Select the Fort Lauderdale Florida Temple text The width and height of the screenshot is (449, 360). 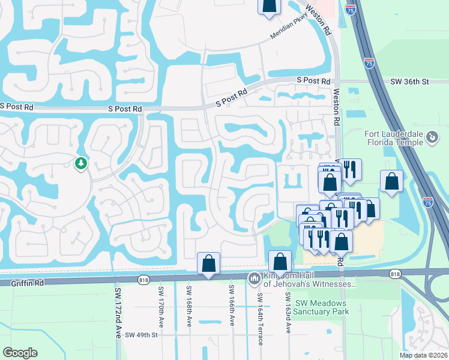(393, 138)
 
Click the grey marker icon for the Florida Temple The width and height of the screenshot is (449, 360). (432, 138)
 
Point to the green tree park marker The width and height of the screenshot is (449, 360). (80, 163)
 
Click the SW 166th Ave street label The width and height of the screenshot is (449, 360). (232, 306)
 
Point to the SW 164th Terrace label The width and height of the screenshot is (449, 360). (260, 319)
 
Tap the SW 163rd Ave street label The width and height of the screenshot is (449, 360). (288, 313)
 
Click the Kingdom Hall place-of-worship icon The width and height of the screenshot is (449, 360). (253, 277)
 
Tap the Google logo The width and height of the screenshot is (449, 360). (20, 353)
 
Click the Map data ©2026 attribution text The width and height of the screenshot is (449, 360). (423, 355)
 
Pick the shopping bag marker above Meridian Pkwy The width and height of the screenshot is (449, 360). (270, 5)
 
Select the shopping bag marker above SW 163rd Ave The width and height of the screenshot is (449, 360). (280, 262)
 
